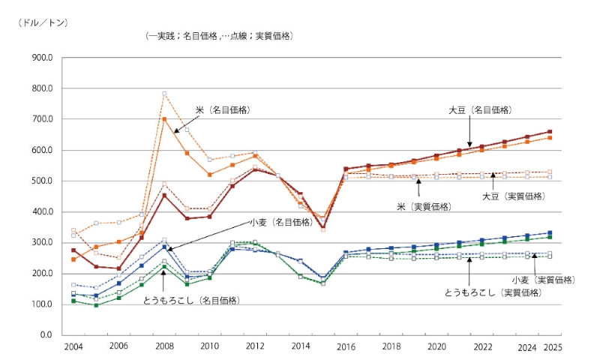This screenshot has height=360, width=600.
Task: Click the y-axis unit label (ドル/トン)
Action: (x=43, y=22)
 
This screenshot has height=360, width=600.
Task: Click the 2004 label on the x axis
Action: (x=73, y=347)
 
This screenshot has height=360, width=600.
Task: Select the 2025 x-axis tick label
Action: (x=553, y=347)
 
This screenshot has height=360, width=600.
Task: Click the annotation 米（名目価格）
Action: (x=223, y=109)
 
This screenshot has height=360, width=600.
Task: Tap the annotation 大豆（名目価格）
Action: (x=480, y=109)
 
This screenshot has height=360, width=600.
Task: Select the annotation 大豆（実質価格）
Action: (x=512, y=196)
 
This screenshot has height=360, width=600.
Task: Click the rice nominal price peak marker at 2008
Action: (x=164, y=119)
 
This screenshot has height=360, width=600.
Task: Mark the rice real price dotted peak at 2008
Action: (x=164, y=94)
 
